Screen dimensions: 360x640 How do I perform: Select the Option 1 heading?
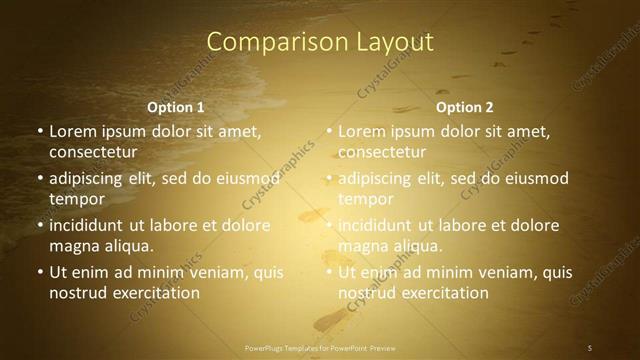tap(176, 106)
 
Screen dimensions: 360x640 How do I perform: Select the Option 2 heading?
tap(465, 106)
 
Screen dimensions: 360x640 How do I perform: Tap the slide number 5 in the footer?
tap(590, 347)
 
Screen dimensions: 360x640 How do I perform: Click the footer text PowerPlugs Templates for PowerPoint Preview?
tap(319, 347)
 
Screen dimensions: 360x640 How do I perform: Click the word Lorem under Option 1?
tap(72, 131)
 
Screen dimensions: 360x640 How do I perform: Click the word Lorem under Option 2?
tap(361, 131)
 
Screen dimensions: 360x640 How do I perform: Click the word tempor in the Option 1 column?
tap(74, 199)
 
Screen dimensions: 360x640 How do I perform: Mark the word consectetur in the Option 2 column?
tap(382, 152)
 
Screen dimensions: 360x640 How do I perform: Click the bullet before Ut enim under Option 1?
tap(39, 272)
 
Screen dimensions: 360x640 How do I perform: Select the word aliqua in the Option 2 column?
tap(417, 246)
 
